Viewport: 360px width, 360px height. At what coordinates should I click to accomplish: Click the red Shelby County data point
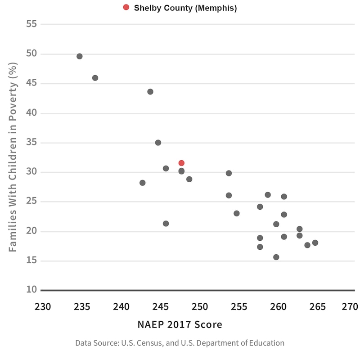[181, 163]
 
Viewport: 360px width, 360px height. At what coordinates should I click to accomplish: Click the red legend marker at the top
[126, 7]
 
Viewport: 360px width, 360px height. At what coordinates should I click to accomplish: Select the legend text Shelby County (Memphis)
[185, 8]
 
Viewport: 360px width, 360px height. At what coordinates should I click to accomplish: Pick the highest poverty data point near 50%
[80, 56]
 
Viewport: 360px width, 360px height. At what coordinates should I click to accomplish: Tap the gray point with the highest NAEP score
[315, 243]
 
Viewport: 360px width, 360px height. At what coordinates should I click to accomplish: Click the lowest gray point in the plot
[276, 257]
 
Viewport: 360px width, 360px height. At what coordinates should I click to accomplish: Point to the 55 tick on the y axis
[31, 24]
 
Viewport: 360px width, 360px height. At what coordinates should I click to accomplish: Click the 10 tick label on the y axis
[31, 289]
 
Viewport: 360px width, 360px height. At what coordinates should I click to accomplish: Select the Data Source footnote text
[180, 343]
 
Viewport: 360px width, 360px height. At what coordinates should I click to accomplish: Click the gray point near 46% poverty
[95, 78]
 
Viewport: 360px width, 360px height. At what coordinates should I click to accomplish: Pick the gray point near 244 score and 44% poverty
[150, 92]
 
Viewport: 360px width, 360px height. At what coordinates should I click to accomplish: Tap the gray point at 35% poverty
[158, 143]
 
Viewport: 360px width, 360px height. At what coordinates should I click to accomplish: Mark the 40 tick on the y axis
[31, 113]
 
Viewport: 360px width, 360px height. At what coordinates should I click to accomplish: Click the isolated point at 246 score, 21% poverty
[166, 224]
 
